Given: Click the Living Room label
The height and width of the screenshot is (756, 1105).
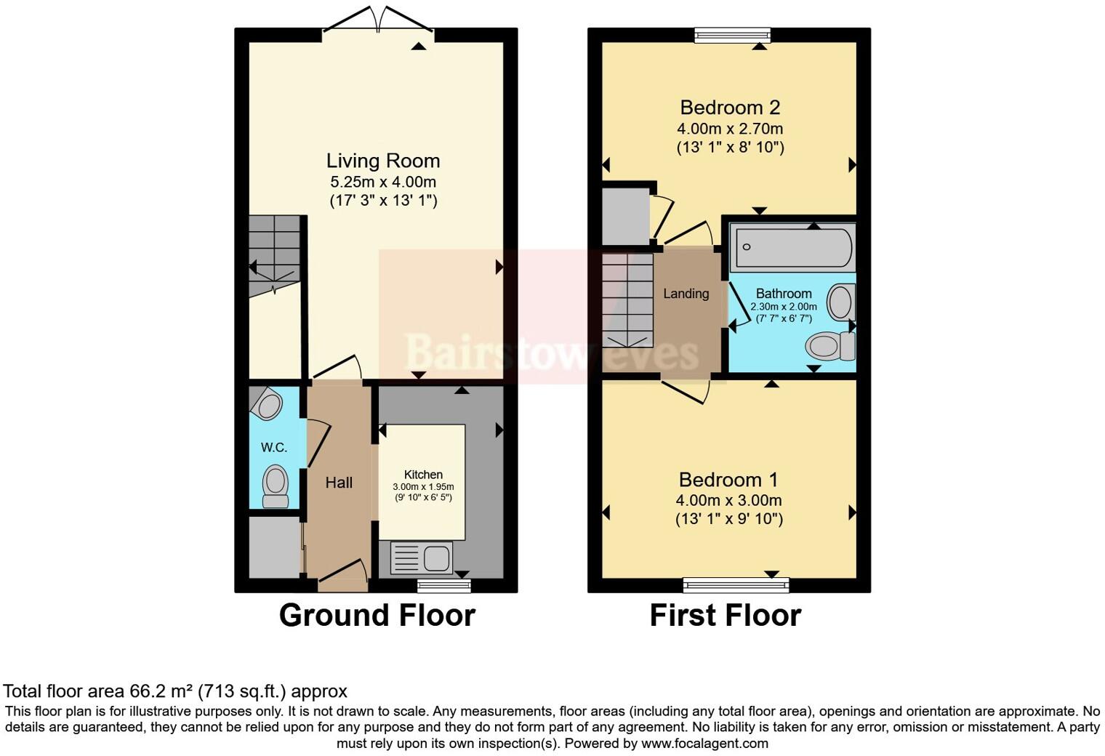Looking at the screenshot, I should pyautogui.click(x=382, y=161).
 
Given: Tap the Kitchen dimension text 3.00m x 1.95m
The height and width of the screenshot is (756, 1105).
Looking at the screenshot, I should pyautogui.click(x=423, y=487).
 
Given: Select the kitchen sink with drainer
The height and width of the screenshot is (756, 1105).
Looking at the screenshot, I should pyautogui.click(x=422, y=558).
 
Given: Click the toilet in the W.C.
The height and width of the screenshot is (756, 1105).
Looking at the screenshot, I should pyautogui.click(x=276, y=486).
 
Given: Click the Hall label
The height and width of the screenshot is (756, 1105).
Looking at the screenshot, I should pyautogui.click(x=339, y=483).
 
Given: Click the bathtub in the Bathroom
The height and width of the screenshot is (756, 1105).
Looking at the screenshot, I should pyautogui.click(x=792, y=247).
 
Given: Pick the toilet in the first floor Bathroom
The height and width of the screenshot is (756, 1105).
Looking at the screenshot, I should pyautogui.click(x=829, y=345).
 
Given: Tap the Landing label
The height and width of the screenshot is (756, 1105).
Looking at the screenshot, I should pyautogui.click(x=686, y=294).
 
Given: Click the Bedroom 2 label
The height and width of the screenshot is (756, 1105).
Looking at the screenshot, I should pyautogui.click(x=730, y=108).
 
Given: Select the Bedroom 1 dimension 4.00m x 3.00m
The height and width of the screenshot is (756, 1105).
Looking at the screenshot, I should pyautogui.click(x=728, y=500).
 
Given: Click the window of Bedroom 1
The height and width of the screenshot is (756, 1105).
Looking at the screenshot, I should pyautogui.click(x=736, y=584).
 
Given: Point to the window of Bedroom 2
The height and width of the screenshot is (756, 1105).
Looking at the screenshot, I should pyautogui.click(x=732, y=34).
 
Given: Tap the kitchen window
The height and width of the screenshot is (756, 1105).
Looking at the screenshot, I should pyautogui.click(x=443, y=584).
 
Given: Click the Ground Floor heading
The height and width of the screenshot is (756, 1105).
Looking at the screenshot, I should pyautogui.click(x=377, y=616).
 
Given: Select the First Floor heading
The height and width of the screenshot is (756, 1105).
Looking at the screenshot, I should pyautogui.click(x=725, y=616).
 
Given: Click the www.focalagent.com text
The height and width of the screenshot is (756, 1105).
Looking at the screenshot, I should pyautogui.click(x=704, y=744).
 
